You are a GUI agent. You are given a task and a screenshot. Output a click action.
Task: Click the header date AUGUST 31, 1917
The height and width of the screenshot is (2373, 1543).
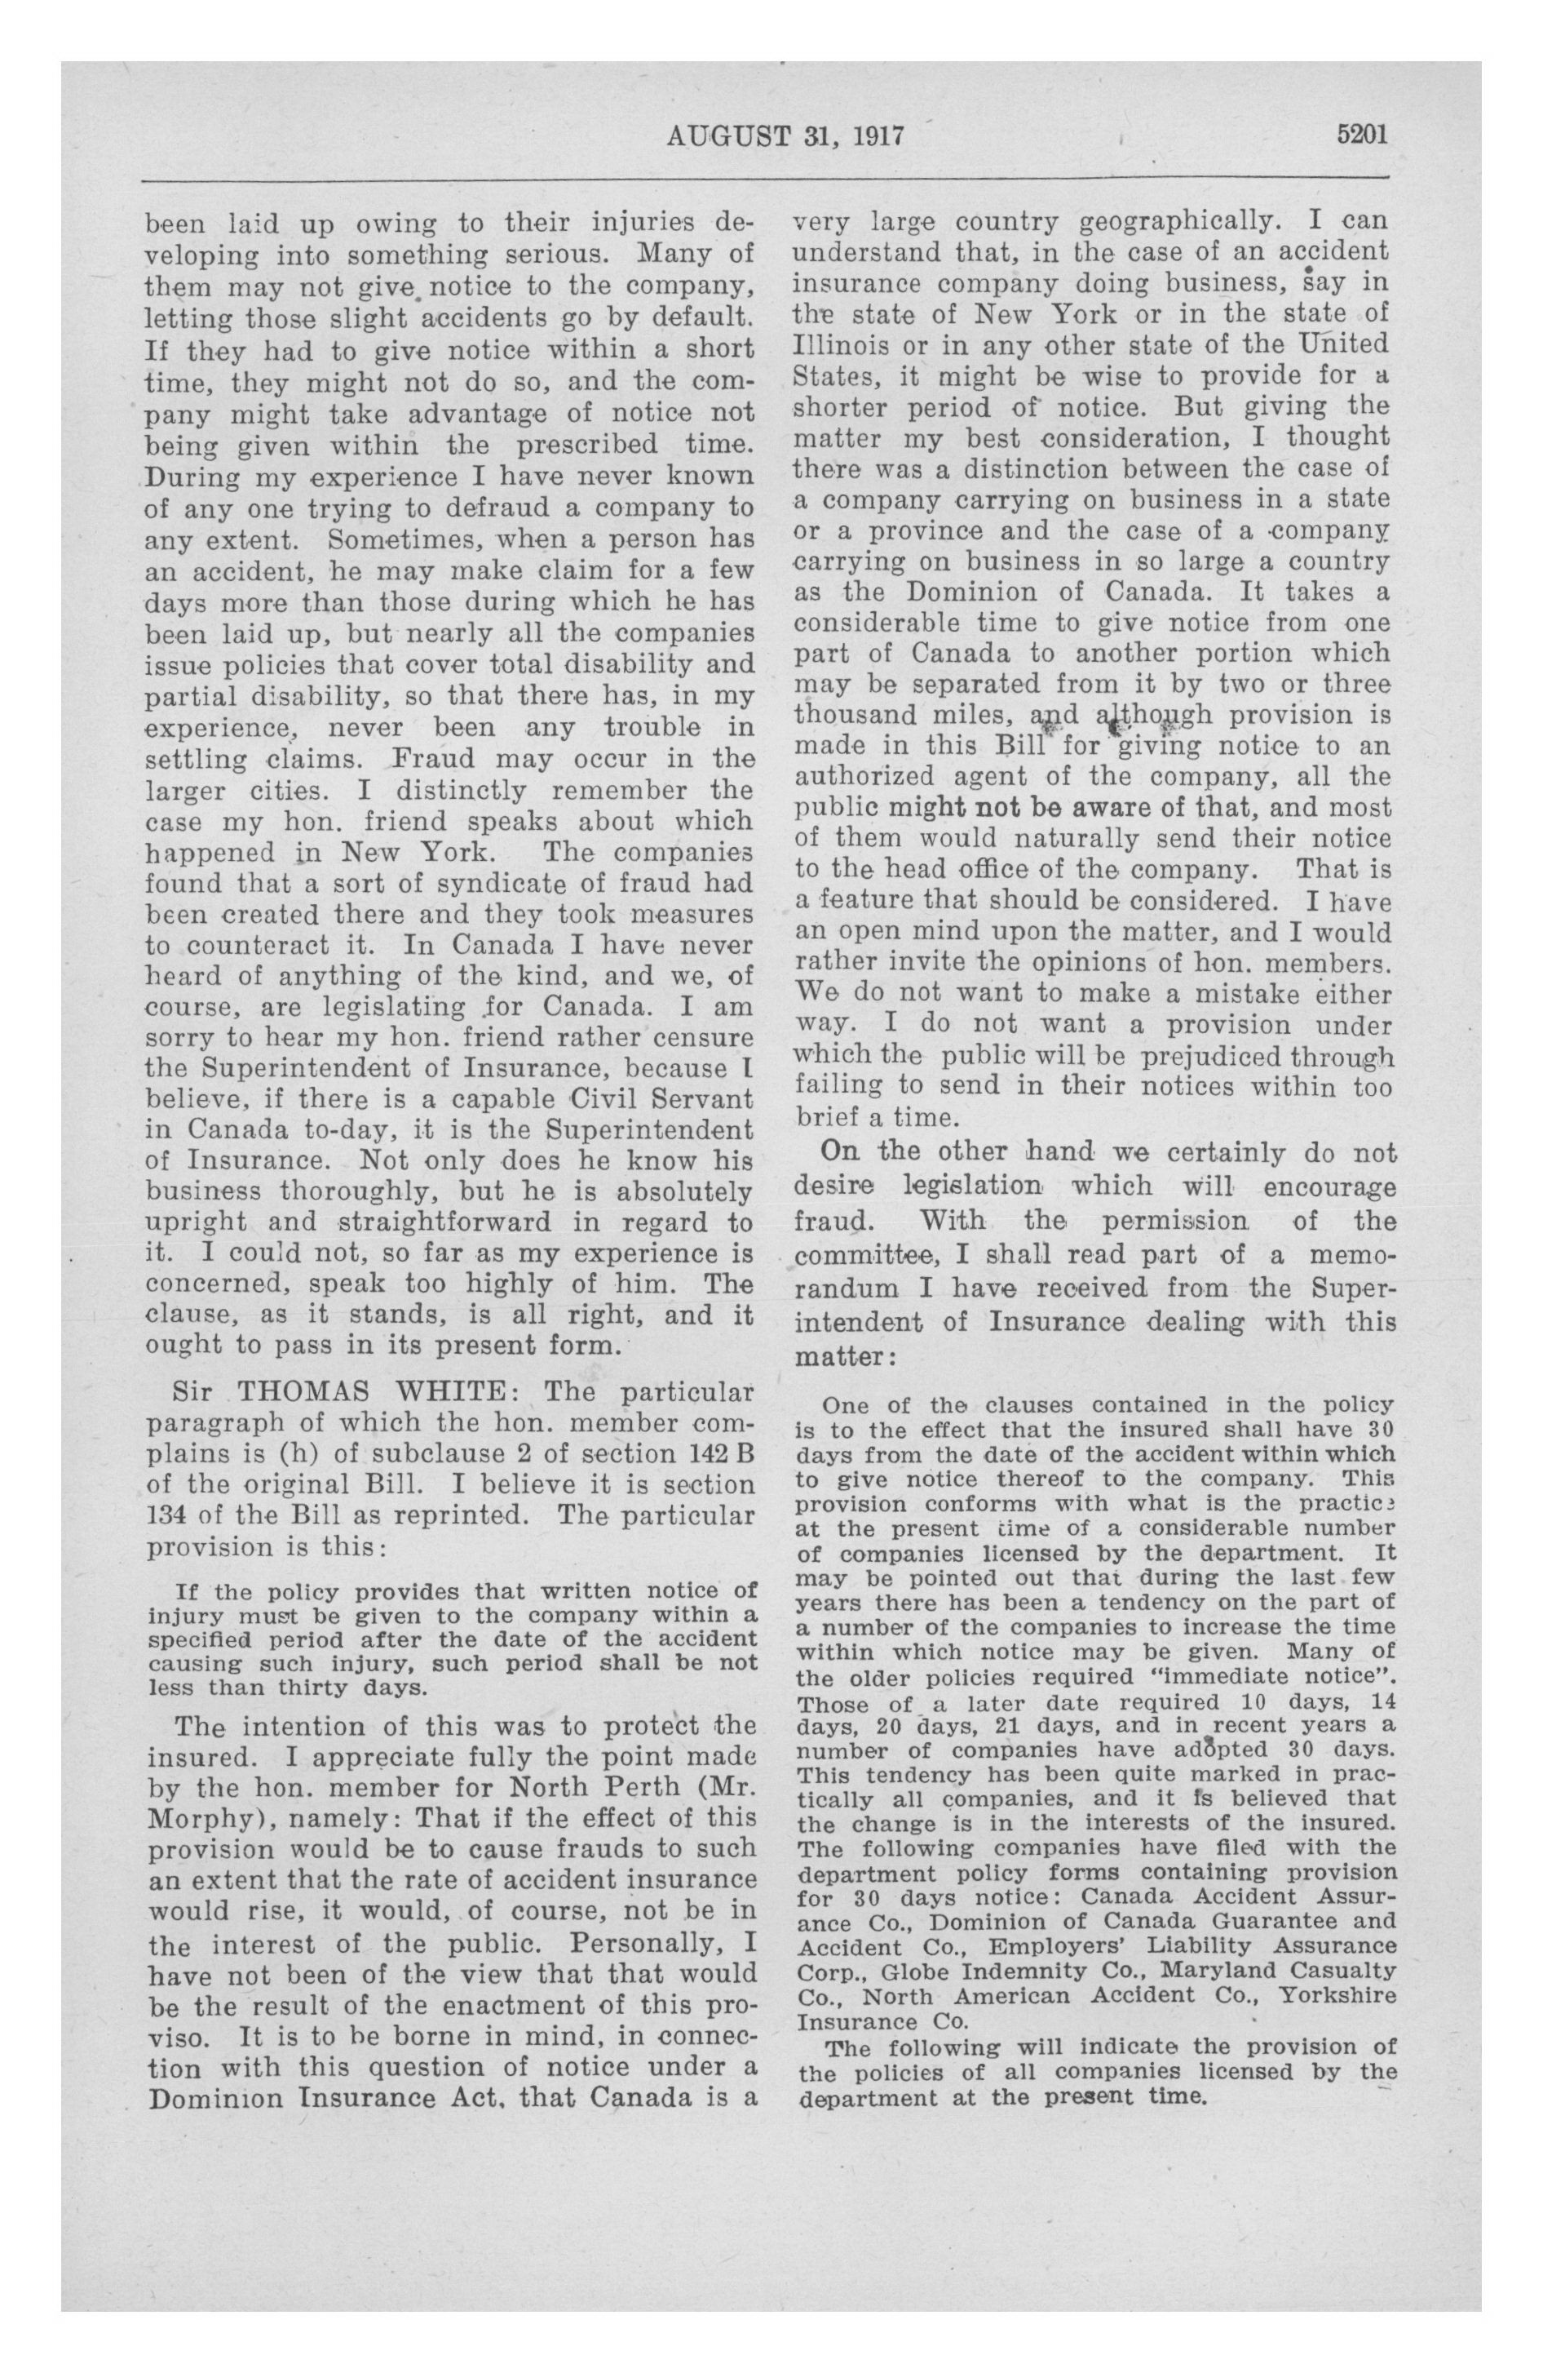[x=785, y=135]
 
